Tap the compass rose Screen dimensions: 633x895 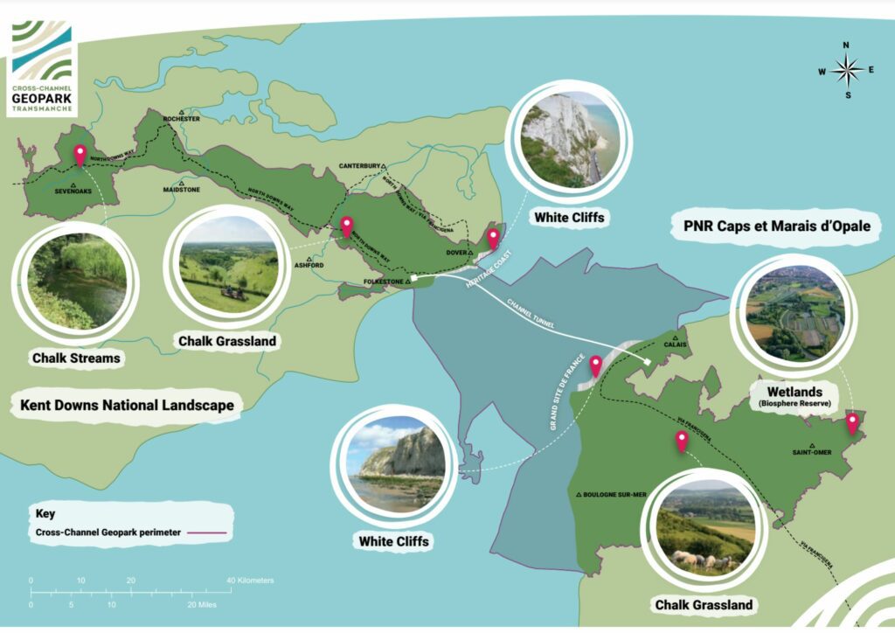click(846, 70)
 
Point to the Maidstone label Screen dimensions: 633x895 click(181, 189)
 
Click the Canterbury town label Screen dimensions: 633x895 click(359, 165)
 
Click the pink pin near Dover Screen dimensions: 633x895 click(493, 237)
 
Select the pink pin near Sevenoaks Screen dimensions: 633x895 click(80, 156)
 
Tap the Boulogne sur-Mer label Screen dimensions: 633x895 click(611, 495)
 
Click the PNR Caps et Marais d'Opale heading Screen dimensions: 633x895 click(776, 227)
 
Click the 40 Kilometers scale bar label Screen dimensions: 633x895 click(250, 581)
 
